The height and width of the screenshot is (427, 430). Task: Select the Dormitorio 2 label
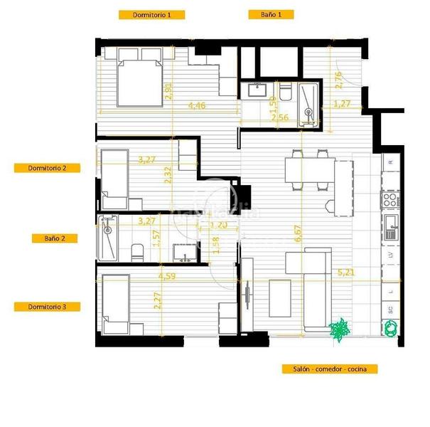pos(47,168)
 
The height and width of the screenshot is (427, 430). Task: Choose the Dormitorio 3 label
pos(47,307)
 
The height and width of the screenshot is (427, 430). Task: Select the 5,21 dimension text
pos(346,272)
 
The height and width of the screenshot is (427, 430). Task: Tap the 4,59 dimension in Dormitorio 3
pos(167,275)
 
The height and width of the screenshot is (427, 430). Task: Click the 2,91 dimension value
pos(168,91)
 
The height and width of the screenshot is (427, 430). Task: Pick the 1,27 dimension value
pos(343,104)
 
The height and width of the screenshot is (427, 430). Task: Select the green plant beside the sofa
pos(339,329)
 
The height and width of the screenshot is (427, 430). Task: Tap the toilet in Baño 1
pos(286,93)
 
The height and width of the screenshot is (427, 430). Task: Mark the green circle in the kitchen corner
pos(391,328)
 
